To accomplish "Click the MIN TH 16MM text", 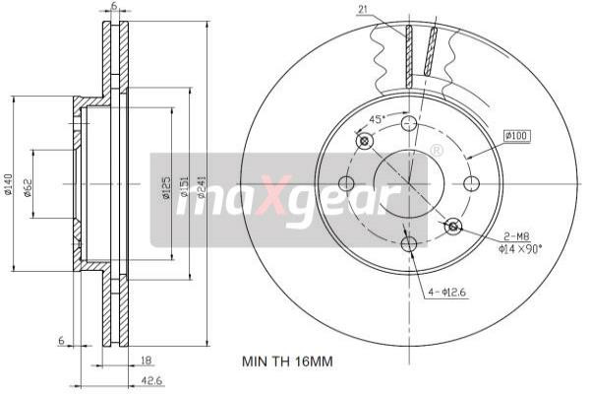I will tap(287, 361).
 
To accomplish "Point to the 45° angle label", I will tap(375, 119).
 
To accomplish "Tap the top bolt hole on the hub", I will tap(408, 122).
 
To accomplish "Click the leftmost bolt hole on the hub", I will tap(345, 183).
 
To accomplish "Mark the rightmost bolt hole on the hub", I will tap(470, 183).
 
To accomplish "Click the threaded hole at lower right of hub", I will tap(452, 228).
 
